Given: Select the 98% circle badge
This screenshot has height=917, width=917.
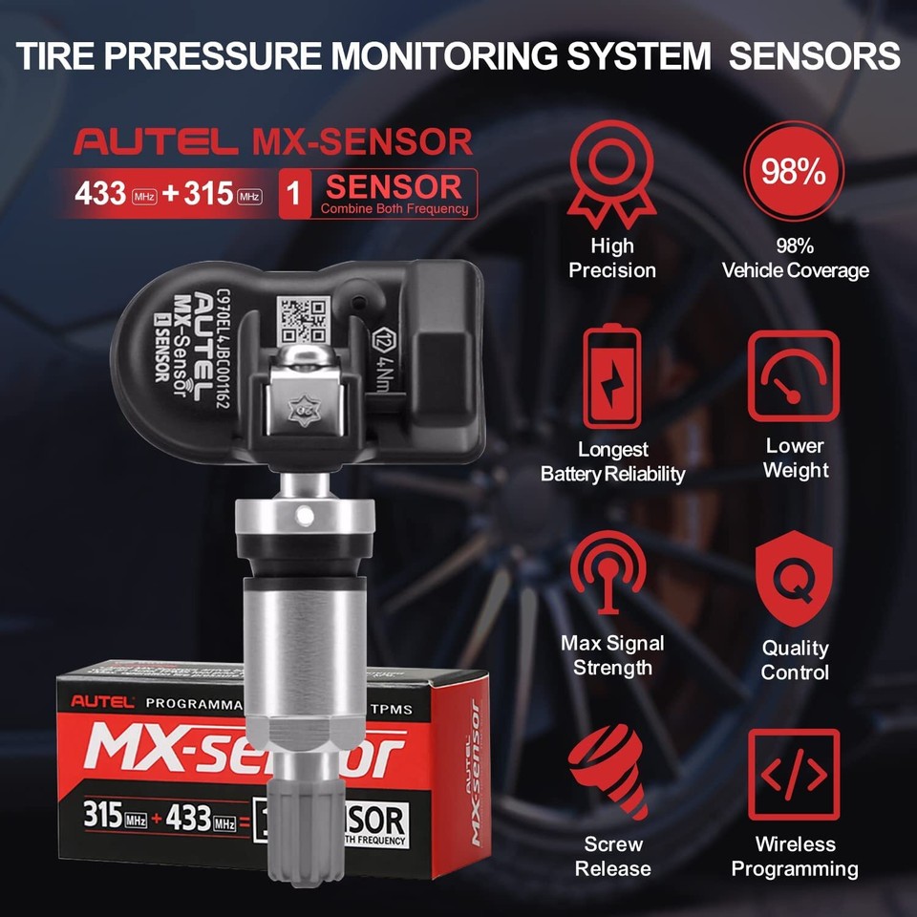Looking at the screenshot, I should point(793,171).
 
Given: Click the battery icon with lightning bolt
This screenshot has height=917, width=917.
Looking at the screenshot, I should point(612,374).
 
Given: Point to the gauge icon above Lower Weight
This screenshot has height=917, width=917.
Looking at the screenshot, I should point(793,376).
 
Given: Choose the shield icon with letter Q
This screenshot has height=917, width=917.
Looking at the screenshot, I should point(794,579).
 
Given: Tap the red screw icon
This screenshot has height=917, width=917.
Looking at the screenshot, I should point(608,773).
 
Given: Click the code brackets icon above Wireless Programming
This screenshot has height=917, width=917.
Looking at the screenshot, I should point(794,775).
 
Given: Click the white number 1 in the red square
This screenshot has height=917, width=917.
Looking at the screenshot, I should point(294,194).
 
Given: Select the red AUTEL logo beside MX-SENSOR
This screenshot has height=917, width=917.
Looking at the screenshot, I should point(156,142).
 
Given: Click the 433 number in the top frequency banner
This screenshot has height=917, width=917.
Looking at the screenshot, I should point(100,194).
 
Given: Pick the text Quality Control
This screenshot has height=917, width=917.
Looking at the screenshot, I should point(795,660).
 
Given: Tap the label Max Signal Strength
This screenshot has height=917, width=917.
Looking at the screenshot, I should point(612,655).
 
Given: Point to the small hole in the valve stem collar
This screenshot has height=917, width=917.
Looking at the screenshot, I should point(305,516).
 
